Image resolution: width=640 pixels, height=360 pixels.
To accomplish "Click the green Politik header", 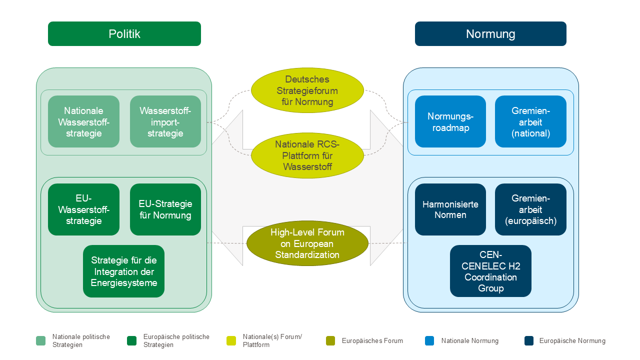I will (124, 34).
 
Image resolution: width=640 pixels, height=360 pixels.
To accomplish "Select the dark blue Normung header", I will (490, 34).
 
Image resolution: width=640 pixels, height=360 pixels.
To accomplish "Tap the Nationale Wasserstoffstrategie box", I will (83, 121).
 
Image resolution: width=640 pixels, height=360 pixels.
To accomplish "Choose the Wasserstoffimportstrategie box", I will (165, 121).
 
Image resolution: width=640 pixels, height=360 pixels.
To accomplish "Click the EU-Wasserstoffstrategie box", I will (83, 209).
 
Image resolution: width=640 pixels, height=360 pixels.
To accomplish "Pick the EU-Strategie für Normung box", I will (165, 209).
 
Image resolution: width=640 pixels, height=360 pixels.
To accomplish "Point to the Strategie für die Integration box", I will (123, 271).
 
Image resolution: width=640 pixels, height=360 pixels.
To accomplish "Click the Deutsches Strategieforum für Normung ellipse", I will (307, 90).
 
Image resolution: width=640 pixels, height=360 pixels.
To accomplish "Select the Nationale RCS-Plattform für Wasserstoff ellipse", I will (307, 155).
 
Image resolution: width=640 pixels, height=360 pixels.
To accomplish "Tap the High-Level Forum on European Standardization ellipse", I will (307, 243).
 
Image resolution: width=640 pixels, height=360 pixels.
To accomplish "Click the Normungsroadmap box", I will (450, 121).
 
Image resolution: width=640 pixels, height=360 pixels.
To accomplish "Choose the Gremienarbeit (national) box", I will (530, 121).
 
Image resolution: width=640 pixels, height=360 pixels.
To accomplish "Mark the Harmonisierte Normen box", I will (450, 209).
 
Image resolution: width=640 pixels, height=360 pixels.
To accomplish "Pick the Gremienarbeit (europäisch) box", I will (530, 209).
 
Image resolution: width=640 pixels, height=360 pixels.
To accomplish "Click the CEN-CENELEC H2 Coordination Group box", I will (490, 271).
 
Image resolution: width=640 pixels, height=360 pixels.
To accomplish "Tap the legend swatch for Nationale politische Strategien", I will (41, 341).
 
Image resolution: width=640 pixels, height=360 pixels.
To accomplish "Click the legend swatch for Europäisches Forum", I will (330, 341).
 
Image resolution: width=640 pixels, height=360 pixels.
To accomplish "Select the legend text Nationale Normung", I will (469, 341).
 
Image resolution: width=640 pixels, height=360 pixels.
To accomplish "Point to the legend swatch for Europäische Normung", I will (529, 341).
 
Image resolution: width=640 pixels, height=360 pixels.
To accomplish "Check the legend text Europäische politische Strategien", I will (176, 341).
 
